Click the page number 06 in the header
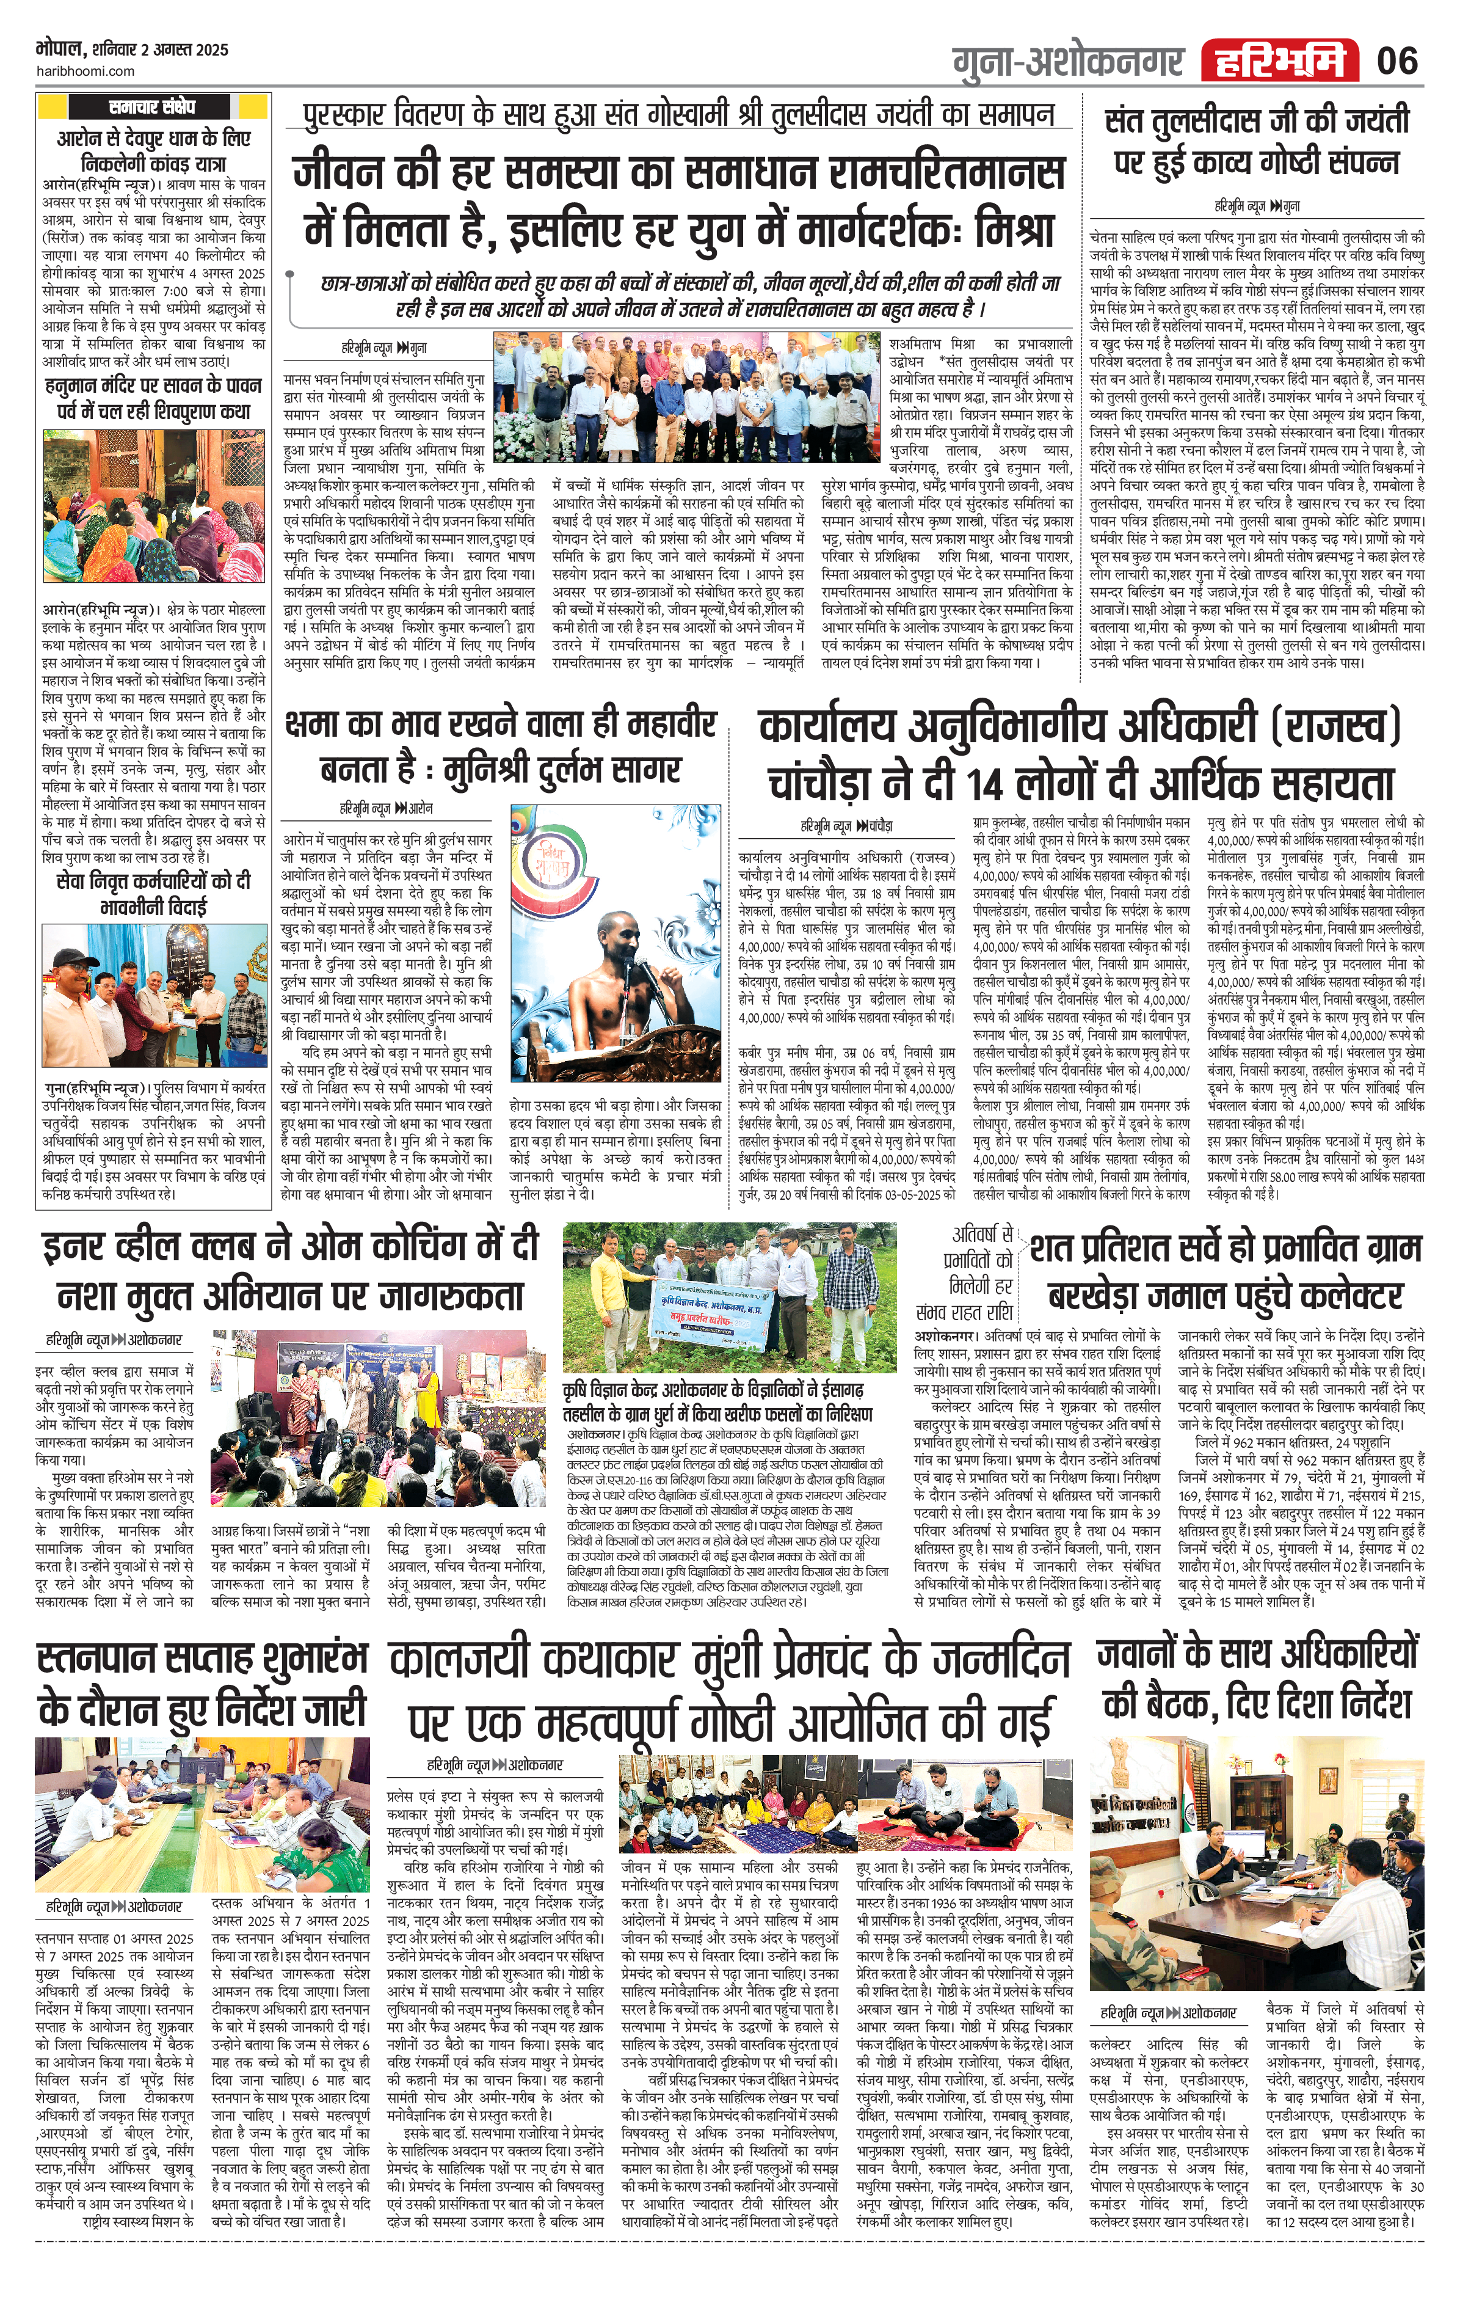1397,61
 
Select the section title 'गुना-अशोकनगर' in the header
1067,63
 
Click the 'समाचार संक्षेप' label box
152,107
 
